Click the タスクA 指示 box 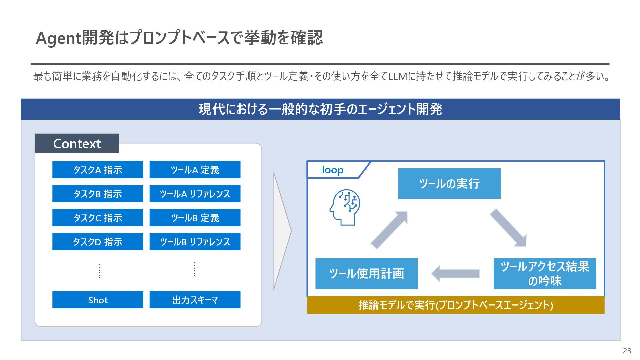tap(98, 170)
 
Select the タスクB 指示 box tap(98, 194)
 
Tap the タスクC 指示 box tap(98, 218)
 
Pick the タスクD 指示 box tap(98, 242)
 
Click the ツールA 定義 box tap(195, 170)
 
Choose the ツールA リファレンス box tap(195, 194)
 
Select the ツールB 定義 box tap(195, 218)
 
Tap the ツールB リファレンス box tap(195, 242)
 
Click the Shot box tap(98, 300)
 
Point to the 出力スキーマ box tap(195, 300)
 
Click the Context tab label tap(77, 143)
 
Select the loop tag tap(333, 170)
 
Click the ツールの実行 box tap(449, 184)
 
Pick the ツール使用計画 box tap(366, 273)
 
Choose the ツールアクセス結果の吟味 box tap(545, 273)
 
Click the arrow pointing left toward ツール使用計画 tap(455, 273)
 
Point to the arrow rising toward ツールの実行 tap(389, 230)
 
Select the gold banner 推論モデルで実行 tap(456, 305)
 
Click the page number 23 tap(627, 351)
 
